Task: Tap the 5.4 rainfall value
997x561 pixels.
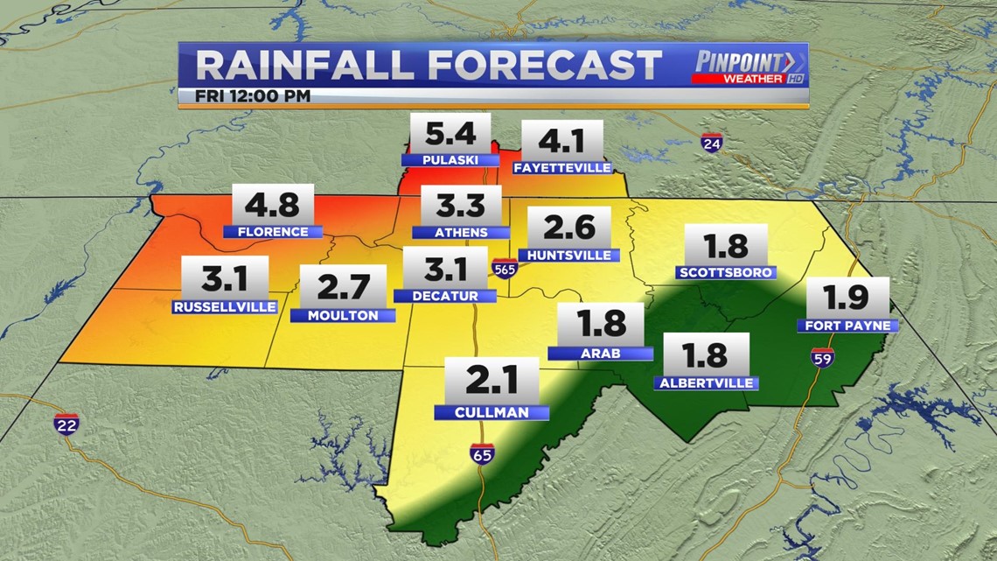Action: pos(450,135)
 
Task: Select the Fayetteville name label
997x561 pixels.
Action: pos(561,167)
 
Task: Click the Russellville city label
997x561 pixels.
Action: pos(225,307)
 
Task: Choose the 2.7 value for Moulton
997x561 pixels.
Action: pos(343,287)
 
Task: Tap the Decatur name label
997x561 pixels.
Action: pos(444,296)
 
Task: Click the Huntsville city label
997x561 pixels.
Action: pos(568,256)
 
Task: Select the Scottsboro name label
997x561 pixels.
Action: pos(726,272)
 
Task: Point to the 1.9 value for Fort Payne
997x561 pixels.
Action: pos(847,299)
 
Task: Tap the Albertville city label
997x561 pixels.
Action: pos(705,382)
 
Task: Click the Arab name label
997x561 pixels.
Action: pos(601,354)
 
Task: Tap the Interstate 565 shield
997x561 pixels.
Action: pos(503,267)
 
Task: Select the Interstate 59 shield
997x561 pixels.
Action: pos(822,355)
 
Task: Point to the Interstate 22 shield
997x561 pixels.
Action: pos(66,425)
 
